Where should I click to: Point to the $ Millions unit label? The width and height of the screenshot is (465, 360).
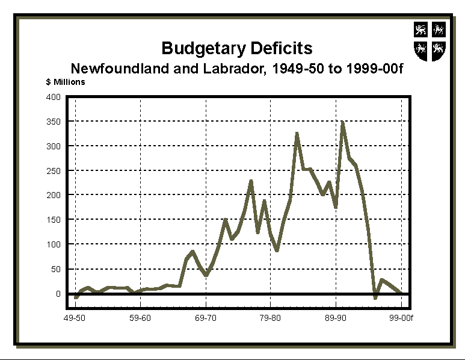click(x=66, y=82)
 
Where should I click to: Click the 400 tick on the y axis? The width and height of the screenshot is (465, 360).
click(x=54, y=97)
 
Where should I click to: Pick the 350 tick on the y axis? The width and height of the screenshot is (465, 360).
click(x=54, y=122)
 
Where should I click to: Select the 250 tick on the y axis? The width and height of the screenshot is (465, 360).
click(x=54, y=171)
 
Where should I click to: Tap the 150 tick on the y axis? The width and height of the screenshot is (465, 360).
click(x=54, y=220)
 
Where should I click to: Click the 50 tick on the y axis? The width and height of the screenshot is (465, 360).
click(x=56, y=269)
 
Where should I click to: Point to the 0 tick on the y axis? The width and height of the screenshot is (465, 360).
click(x=58, y=294)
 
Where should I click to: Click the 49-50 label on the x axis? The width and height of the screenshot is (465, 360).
click(x=75, y=317)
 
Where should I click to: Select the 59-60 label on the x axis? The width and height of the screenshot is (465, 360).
click(x=140, y=317)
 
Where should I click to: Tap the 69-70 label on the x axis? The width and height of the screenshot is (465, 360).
click(x=206, y=317)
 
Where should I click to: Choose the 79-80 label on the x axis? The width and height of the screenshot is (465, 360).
click(x=271, y=317)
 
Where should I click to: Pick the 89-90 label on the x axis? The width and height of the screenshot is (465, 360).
click(x=336, y=317)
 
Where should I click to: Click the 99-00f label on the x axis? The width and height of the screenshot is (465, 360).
click(x=401, y=317)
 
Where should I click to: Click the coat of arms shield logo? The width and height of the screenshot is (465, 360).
click(x=430, y=41)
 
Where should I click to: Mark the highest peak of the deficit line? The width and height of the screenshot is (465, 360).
click(x=342, y=123)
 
